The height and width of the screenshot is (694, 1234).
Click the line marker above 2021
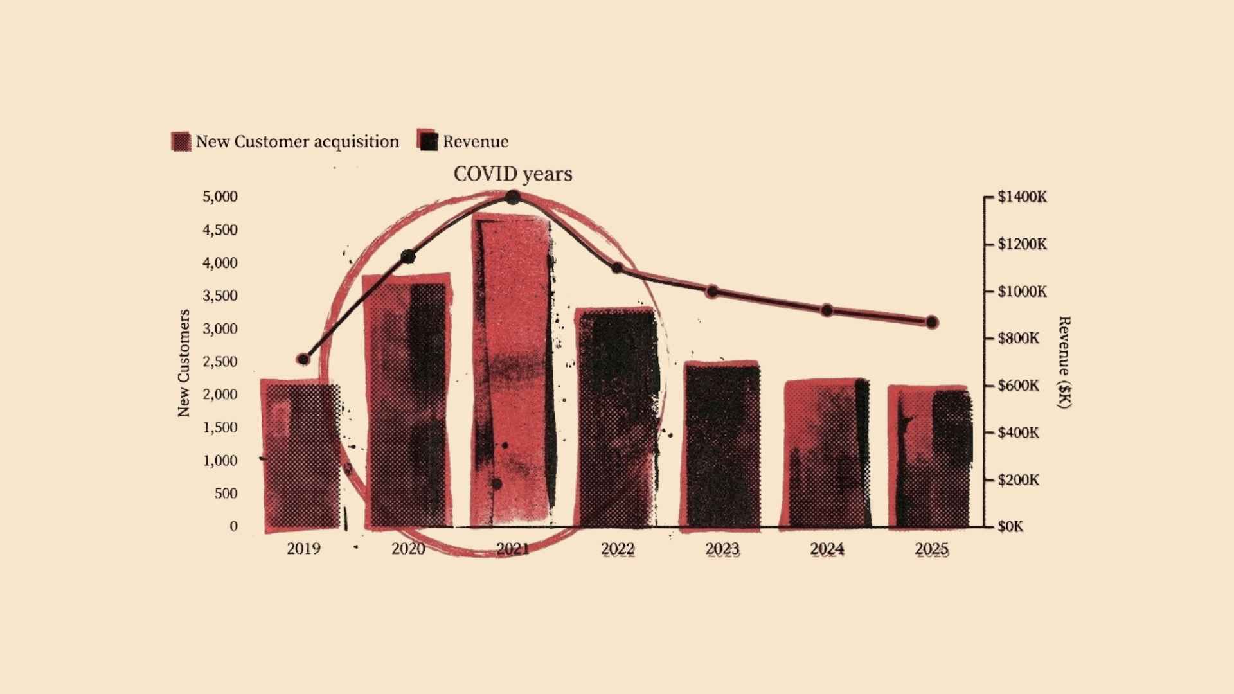(x=513, y=197)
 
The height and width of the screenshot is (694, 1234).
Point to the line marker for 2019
(x=303, y=359)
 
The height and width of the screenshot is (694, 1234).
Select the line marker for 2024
(x=827, y=310)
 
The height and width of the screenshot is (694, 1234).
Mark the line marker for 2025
(x=932, y=322)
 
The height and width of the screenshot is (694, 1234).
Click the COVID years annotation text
(x=512, y=174)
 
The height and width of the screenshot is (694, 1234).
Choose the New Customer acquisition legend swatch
(x=181, y=141)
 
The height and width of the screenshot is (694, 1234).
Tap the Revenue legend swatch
(x=427, y=141)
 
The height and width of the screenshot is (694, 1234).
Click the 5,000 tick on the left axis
(x=220, y=197)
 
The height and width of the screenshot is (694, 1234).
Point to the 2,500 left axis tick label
(x=220, y=361)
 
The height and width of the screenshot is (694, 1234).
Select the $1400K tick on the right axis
(x=1022, y=197)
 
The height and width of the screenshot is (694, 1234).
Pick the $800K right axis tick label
(x=1018, y=338)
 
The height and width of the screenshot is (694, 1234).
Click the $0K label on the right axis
(x=1010, y=526)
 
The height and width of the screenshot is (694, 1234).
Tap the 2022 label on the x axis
(x=618, y=549)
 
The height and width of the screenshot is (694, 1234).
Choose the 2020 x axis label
(x=408, y=549)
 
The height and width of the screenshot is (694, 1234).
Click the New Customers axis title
(x=184, y=363)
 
